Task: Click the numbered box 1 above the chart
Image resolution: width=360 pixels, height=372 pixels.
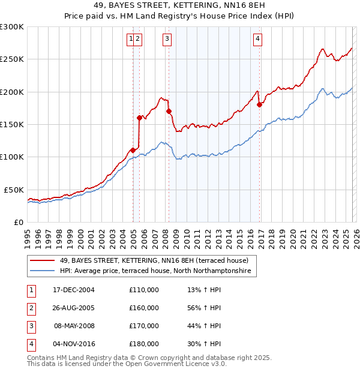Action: coord(130,39)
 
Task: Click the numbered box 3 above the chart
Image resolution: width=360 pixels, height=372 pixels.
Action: coord(166,39)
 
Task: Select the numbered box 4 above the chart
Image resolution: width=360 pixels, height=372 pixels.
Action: coord(257,39)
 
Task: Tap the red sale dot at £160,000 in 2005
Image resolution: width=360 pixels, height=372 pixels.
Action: coord(140,118)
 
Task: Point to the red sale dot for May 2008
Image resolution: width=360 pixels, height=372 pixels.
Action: coord(169,111)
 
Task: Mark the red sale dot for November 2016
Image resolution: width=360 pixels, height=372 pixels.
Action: coord(259,105)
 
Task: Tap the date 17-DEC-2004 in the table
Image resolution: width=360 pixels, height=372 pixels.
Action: coord(74,290)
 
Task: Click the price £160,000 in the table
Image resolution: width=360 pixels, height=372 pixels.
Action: coord(143,307)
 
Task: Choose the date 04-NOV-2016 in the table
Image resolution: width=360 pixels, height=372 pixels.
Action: coord(74,344)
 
